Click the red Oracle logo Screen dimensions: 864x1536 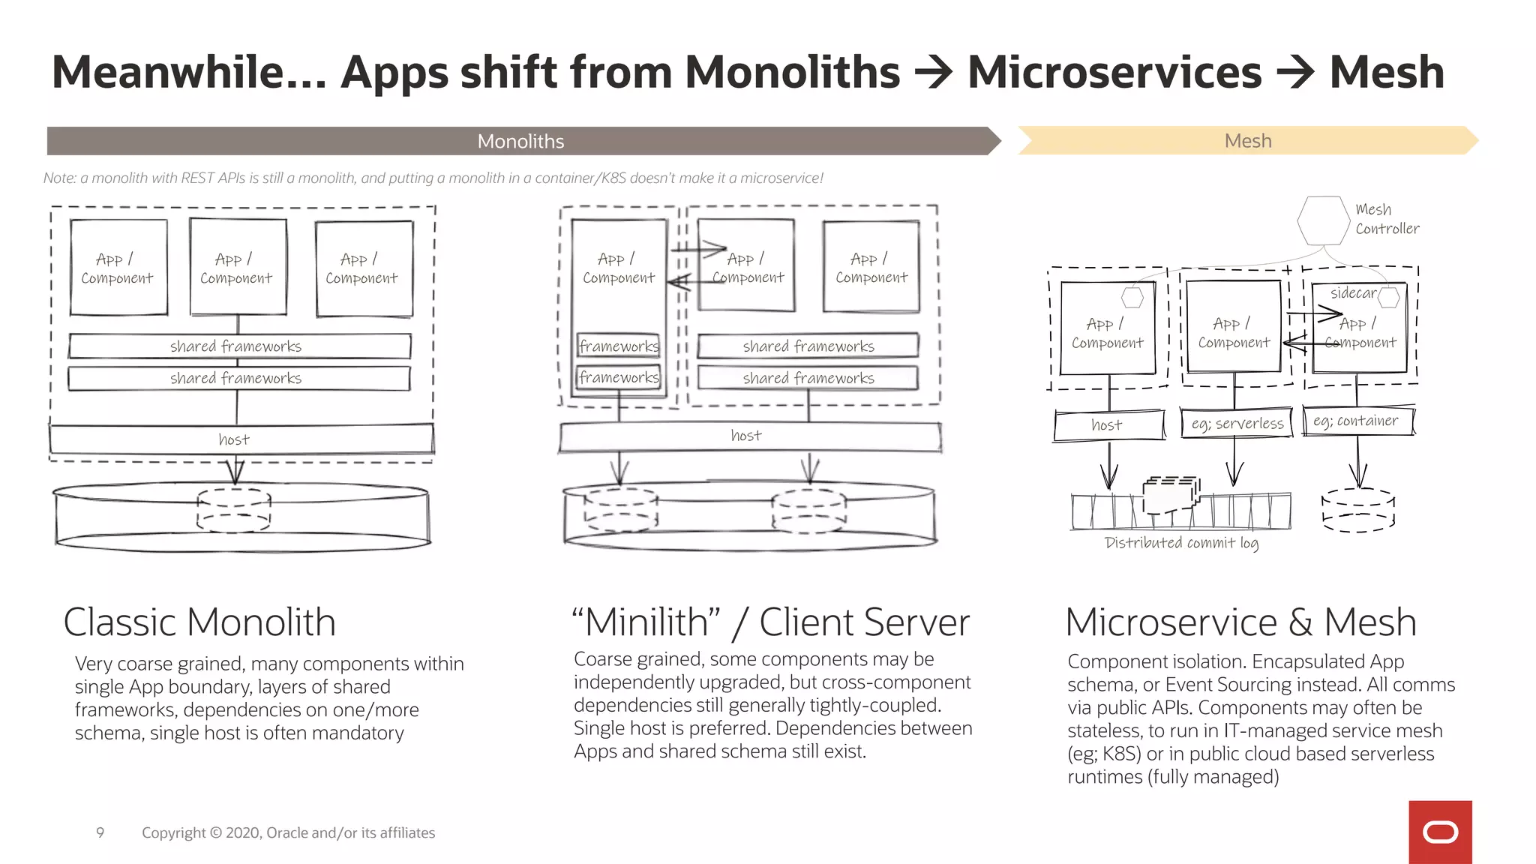tap(1440, 832)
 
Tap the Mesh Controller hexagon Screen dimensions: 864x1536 tap(1323, 220)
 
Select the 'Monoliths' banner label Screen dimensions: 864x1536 tap(520, 141)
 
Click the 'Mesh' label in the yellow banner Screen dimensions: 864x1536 tap(1247, 141)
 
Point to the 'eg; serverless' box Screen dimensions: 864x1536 tap(1237, 424)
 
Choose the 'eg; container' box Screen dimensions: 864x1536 tap(1357, 421)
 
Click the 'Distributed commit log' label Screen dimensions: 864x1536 tap(1181, 542)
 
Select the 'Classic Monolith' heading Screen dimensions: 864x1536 tap(199, 622)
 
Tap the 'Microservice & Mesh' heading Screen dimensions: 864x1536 tap(1240, 622)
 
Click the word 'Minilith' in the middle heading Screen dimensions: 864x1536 tap(646, 622)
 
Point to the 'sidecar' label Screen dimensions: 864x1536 tap(1353, 293)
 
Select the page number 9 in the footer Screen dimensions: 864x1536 tap(100, 832)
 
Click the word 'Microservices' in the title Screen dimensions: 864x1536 tap(1114, 73)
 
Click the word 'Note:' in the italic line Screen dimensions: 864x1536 tap(59, 178)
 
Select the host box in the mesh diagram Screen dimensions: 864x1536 tap(1108, 425)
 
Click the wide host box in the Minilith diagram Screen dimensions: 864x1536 tap(750, 436)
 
